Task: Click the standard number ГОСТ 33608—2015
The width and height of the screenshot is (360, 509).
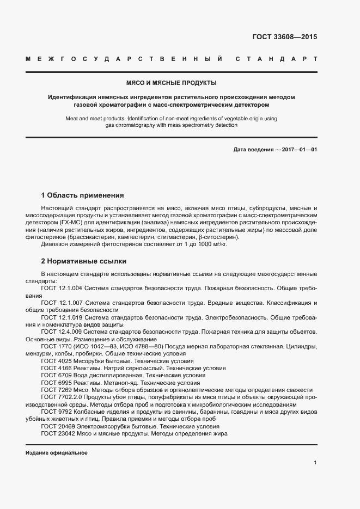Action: click(284, 37)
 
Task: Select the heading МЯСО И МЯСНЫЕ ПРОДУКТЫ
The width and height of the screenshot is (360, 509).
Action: click(171, 83)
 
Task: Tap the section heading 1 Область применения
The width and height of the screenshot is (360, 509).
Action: click(82, 195)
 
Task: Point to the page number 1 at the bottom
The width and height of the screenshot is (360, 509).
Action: click(315, 462)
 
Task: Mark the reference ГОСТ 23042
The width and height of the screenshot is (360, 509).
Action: click(57, 434)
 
